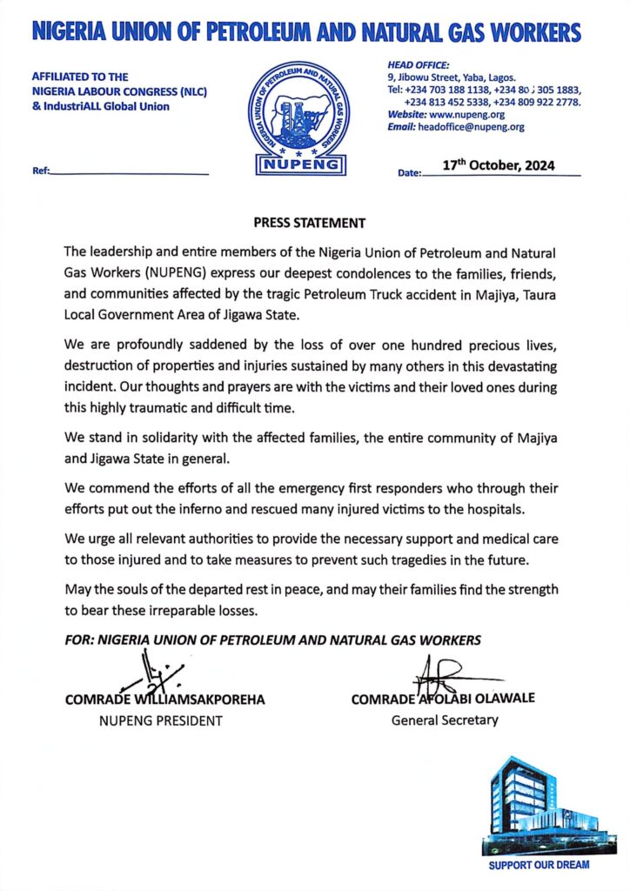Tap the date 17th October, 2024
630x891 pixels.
(x=499, y=165)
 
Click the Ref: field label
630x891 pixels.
(x=40, y=171)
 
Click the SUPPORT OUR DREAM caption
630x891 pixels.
(x=539, y=865)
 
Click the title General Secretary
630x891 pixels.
(x=445, y=720)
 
